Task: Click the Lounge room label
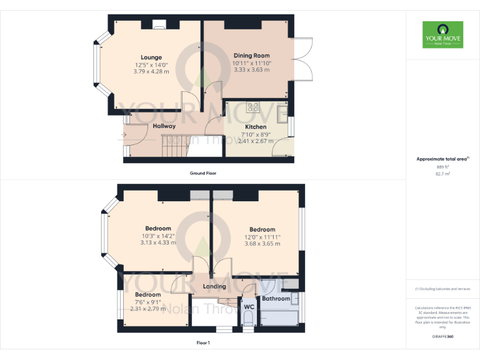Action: point(151,57)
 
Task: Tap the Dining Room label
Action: point(251,56)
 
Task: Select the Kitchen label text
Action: point(255,127)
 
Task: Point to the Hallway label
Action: point(164,126)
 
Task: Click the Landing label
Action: point(214,286)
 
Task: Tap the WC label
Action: point(248,307)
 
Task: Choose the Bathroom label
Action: point(276,299)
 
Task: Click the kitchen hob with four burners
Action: point(253,107)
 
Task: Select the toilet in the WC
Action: point(248,320)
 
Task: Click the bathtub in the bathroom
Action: point(280,316)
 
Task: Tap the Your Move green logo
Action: point(442,34)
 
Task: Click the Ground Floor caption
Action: point(203,172)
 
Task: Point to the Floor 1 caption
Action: point(202,342)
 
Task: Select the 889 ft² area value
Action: point(442,167)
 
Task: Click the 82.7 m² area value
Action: point(442,174)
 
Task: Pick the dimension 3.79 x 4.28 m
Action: point(151,71)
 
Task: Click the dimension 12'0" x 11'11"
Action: point(262,237)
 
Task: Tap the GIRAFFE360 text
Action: point(442,336)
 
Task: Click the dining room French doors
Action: point(302,59)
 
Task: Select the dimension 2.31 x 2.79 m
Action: point(148,308)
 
